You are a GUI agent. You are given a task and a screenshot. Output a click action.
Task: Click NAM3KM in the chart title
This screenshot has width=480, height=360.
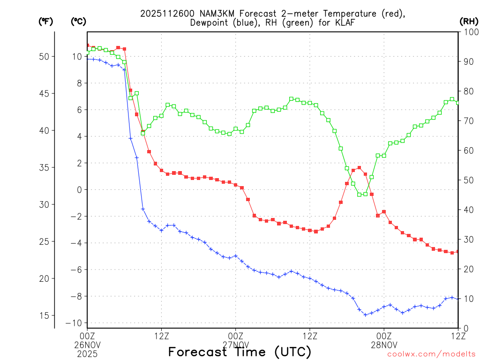click(x=205, y=14)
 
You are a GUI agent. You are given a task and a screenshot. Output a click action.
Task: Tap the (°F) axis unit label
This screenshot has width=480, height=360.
click(x=45, y=22)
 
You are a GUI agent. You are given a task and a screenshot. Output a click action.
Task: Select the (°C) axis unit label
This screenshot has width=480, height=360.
click(x=78, y=22)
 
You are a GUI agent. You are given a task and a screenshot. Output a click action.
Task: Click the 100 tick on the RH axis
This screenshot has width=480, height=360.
click(x=470, y=32)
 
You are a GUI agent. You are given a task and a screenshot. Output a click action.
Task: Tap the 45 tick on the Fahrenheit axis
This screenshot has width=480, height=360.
click(x=49, y=93)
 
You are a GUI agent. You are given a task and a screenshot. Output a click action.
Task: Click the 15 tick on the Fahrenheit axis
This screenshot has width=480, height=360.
click(x=49, y=315)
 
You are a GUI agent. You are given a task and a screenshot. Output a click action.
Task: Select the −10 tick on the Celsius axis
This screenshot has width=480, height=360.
click(x=76, y=323)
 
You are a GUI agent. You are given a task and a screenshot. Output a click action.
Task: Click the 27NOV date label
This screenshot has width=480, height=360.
click(x=235, y=344)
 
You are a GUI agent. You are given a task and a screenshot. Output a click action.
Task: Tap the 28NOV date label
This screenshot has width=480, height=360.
click(x=384, y=344)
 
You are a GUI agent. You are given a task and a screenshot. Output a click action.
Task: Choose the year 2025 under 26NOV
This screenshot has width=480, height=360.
click(x=87, y=352)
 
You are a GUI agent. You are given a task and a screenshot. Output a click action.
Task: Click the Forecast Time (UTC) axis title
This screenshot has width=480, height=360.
click(x=240, y=352)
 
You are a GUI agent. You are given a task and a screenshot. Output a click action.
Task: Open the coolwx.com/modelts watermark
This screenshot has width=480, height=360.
click(x=431, y=354)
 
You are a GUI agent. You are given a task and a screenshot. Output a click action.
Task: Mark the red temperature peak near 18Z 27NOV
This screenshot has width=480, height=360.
click(x=359, y=167)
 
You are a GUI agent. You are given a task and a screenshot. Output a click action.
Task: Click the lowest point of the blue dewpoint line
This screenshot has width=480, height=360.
click(x=366, y=315)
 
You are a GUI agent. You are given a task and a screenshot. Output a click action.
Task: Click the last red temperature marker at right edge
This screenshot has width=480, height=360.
click(x=458, y=252)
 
